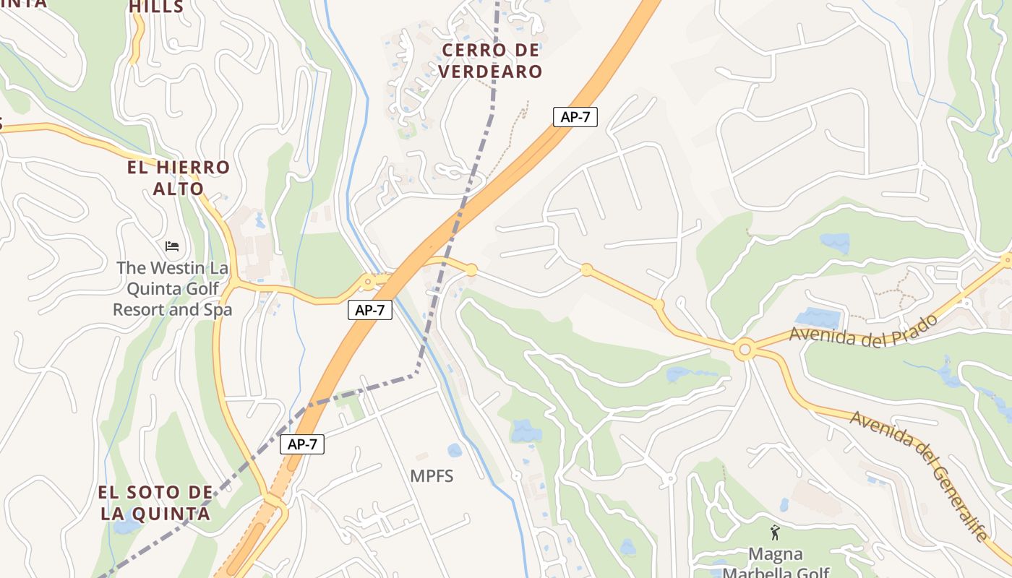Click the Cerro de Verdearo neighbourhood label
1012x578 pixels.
click(491, 61)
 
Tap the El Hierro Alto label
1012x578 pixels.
click(178, 178)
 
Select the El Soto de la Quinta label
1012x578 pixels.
click(155, 503)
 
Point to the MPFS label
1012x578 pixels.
click(432, 476)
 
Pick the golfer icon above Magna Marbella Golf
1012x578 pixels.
click(776, 532)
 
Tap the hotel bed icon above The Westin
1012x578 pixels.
click(172, 246)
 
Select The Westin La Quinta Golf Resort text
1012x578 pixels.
click(172, 288)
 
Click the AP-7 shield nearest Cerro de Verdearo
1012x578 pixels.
click(575, 117)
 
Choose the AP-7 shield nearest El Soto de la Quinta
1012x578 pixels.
click(302, 444)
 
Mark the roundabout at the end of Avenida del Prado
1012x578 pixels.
click(744, 351)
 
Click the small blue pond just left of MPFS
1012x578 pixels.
click(454, 451)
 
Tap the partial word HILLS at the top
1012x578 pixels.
click(157, 7)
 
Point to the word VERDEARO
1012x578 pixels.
click(491, 72)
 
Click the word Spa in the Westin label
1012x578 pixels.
click(218, 310)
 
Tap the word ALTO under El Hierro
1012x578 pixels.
click(178, 189)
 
